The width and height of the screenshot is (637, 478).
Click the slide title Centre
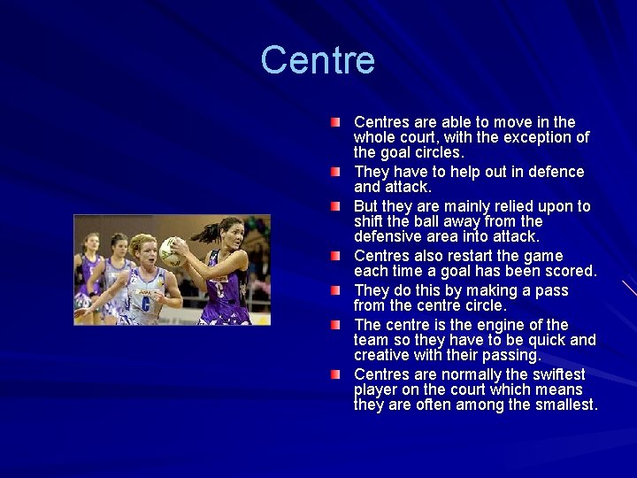(318, 61)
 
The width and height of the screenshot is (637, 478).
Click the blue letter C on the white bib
(144, 300)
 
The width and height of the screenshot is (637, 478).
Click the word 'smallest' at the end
(562, 405)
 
